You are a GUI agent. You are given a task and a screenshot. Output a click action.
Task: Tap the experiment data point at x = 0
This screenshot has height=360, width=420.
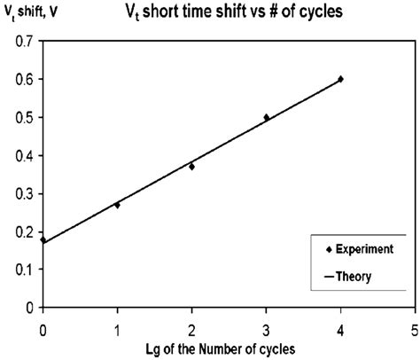click(43, 240)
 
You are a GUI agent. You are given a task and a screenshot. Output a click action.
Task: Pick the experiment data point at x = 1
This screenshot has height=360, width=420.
click(117, 205)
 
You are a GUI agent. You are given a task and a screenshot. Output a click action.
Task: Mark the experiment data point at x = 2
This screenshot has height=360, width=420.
click(191, 167)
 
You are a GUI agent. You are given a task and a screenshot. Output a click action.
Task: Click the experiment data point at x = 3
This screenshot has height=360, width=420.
click(266, 117)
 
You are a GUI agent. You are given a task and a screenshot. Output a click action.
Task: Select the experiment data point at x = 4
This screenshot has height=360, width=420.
click(340, 79)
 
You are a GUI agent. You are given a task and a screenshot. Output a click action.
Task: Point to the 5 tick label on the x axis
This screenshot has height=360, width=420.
click(414, 325)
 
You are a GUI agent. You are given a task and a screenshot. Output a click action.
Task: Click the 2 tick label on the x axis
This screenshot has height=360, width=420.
click(191, 325)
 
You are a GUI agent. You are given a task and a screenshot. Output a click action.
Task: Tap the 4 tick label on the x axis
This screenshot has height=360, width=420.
click(340, 325)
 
